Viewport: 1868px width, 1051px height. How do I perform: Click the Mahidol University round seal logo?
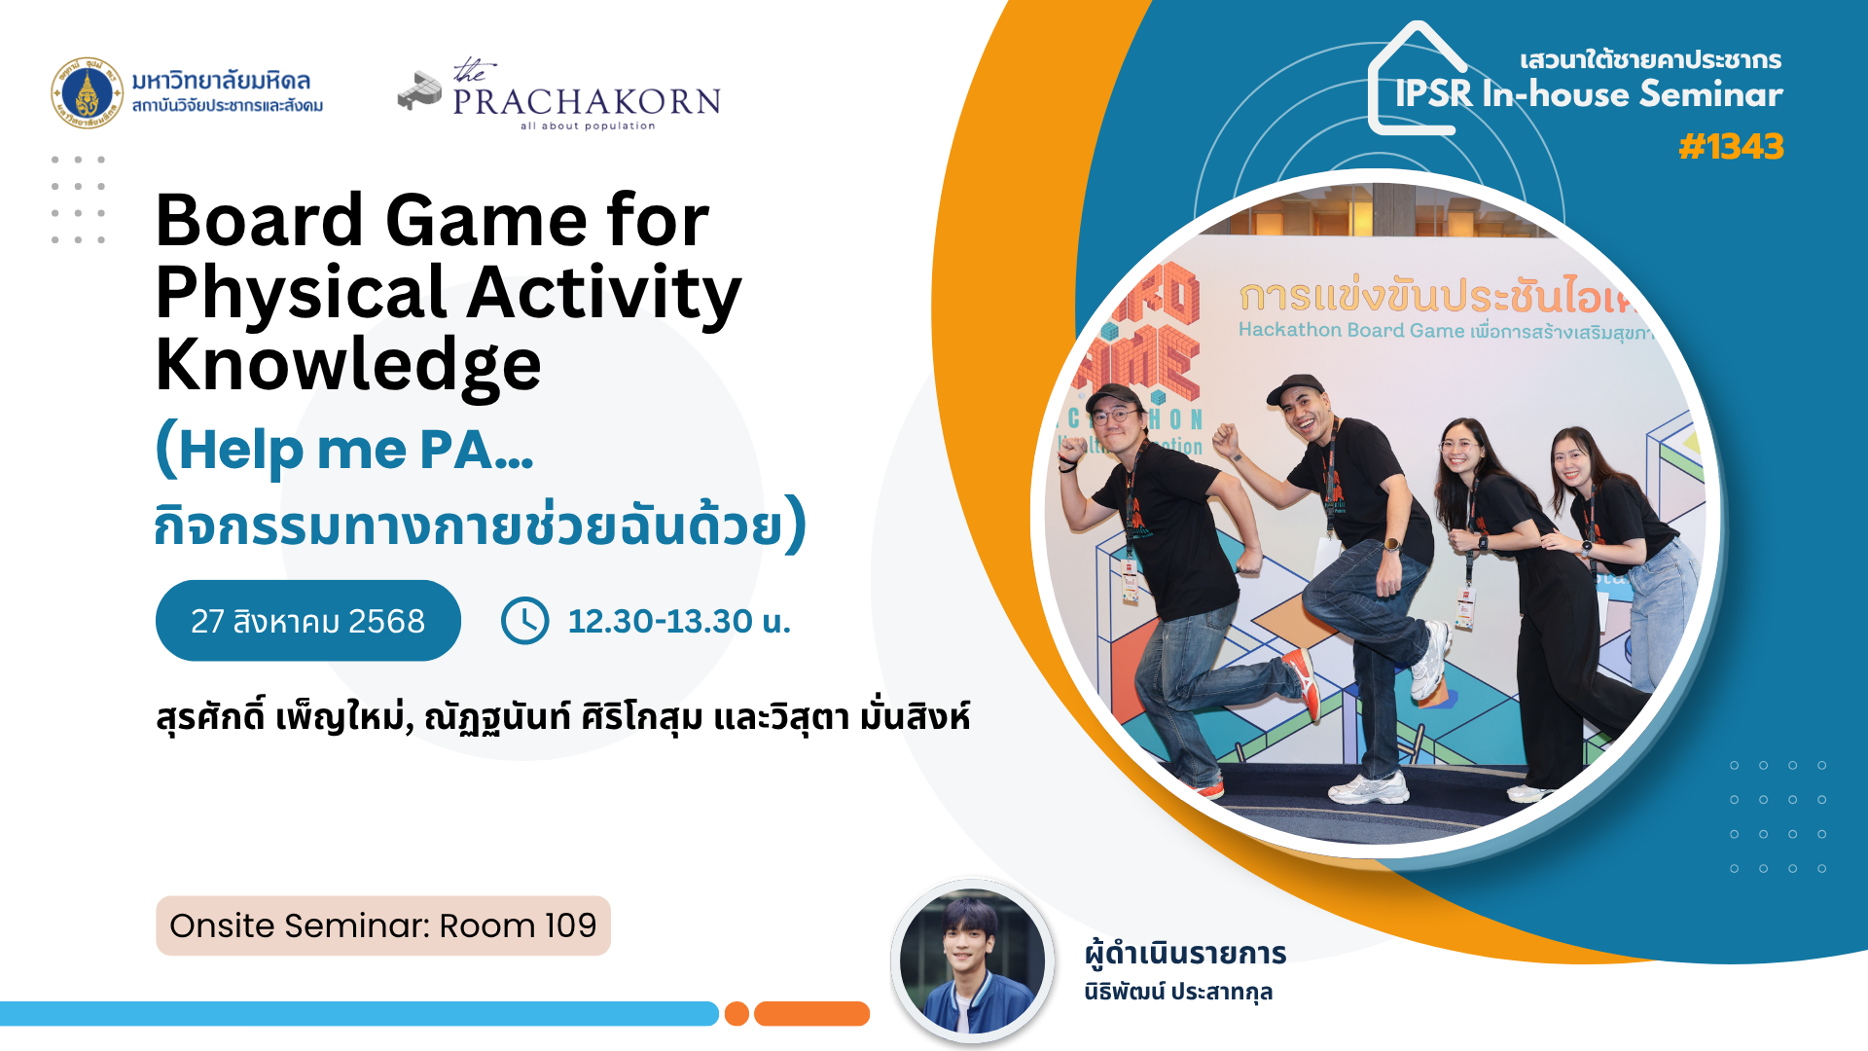88,93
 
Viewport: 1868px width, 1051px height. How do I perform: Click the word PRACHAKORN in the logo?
587,101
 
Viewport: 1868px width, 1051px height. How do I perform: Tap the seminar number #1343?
1731,147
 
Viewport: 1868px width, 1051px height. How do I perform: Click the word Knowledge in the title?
348,366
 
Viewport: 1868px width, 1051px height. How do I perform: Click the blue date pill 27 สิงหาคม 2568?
308,621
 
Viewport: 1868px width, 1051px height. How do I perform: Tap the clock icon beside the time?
525,621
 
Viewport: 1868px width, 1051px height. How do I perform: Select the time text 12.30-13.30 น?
679,621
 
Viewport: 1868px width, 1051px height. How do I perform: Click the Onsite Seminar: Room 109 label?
383,925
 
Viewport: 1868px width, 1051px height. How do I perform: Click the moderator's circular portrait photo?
972,961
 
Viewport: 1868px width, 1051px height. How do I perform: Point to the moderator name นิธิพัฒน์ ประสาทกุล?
1178,992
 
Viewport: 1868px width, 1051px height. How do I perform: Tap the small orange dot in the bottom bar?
736,1014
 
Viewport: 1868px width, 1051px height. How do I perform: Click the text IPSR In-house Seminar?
1589,94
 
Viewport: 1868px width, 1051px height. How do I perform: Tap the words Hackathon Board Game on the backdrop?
1351,331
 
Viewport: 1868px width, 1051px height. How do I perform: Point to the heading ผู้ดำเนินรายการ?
1186,954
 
